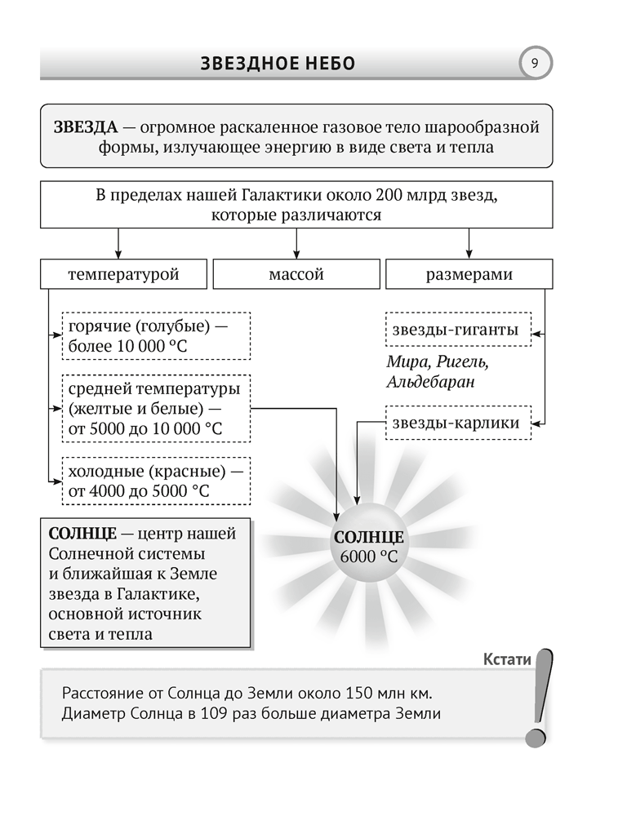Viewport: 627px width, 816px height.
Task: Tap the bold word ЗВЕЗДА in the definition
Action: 84,127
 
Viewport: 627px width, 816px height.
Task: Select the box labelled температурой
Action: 123,274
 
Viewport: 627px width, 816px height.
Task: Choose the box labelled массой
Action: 296,274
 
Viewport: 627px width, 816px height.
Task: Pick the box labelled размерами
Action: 469,274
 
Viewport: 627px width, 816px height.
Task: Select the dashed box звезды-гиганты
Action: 458,330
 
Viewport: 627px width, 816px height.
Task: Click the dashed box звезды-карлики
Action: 458,423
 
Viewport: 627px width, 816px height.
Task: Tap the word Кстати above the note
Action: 507,659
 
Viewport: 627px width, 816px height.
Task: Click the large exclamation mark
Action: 540,698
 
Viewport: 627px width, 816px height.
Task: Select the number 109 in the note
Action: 223,713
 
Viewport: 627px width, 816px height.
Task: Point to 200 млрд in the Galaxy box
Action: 411,197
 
